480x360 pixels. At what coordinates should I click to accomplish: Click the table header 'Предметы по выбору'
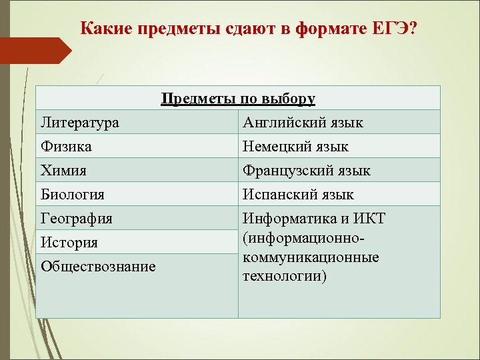(x=238, y=99)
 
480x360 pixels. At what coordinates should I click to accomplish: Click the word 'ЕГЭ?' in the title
(x=399, y=29)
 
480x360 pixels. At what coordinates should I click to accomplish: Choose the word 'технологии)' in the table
(x=285, y=275)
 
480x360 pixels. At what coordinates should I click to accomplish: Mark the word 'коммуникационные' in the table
(x=311, y=257)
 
